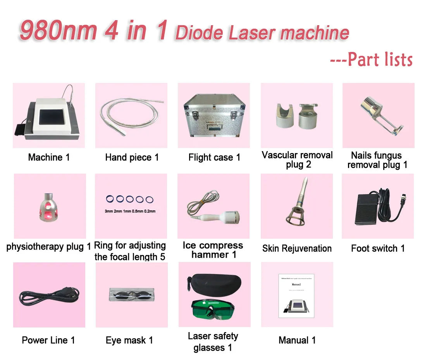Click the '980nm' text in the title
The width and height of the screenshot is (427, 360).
tap(58, 31)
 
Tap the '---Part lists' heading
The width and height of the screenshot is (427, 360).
tap(371, 60)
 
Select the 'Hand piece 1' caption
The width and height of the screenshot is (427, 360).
tap(132, 157)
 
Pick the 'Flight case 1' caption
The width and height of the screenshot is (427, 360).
tap(214, 157)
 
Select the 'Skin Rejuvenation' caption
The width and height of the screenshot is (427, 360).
tap(297, 248)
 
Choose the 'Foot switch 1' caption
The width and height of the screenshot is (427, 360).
tap(378, 248)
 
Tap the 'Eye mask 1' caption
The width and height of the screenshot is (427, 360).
tap(129, 340)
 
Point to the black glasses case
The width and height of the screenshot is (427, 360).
tap(213, 283)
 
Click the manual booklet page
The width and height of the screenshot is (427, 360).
tap(297, 295)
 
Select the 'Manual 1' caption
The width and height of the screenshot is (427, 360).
tap(297, 340)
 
